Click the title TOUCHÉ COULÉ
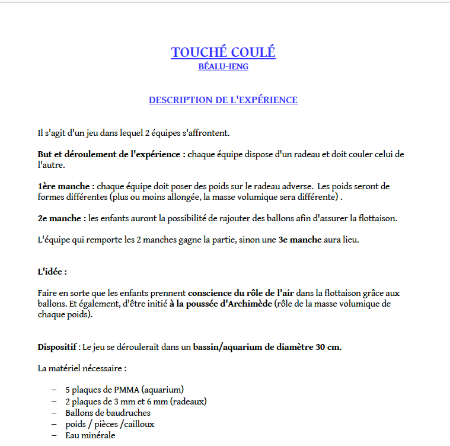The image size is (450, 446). (223, 52)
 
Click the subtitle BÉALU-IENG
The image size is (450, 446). (223, 67)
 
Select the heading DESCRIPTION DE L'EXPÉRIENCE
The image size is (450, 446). (223, 100)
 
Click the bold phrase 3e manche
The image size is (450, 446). (300, 240)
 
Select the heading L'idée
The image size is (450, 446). (52, 272)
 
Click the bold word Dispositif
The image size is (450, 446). (58, 347)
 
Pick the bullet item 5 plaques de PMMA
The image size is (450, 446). (125, 390)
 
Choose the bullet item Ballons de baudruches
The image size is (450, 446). (108, 413)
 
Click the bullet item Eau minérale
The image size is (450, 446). (90, 435)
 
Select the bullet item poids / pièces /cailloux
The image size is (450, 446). (110, 424)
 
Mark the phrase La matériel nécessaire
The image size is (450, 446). (82, 368)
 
